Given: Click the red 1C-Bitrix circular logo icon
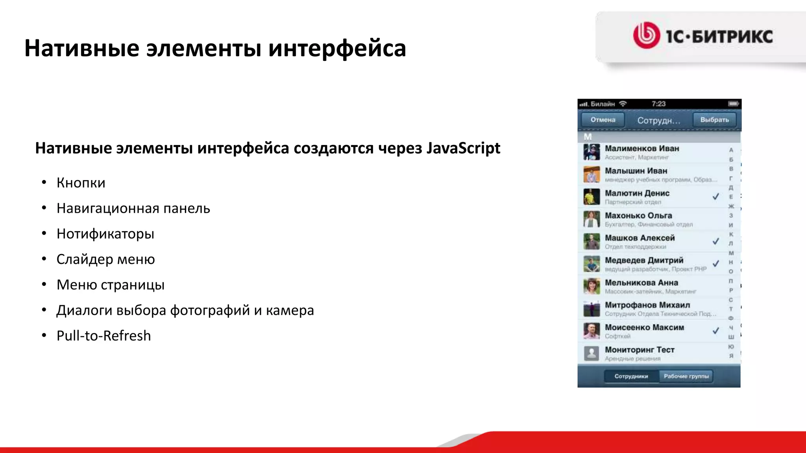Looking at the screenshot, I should point(646,35).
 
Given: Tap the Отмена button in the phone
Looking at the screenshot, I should point(603,120).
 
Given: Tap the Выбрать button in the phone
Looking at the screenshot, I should point(714,120).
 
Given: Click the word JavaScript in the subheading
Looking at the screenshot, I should point(463,148).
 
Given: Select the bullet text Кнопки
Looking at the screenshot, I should point(81,183).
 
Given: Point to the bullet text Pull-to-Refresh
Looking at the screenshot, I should point(104,336).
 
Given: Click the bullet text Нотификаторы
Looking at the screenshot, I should point(105,234).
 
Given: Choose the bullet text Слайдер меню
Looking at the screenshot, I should point(105,260).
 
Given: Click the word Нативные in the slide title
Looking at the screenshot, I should point(82,48).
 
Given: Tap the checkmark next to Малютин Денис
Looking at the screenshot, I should point(716,196).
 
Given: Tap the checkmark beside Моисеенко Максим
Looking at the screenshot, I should point(716,330).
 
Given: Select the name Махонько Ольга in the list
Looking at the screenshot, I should point(638,215).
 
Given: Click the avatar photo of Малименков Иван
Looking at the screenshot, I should point(592,152).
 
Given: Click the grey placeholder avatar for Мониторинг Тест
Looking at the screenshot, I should point(592,353).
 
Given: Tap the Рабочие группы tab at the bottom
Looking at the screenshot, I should point(686,376).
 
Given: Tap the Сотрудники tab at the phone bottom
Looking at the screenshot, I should point(631,376).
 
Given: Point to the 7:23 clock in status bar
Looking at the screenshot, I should point(658,104).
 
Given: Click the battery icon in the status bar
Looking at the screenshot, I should point(733,104).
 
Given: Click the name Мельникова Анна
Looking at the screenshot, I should point(641,283).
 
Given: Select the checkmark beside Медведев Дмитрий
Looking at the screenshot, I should point(716,263).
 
